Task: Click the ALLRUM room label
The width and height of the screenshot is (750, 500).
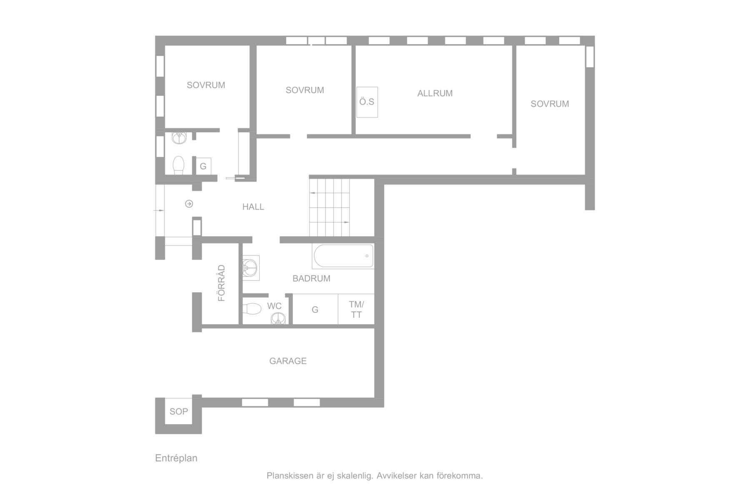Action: (x=435, y=93)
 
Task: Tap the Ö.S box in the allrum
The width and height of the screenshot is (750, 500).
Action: (x=367, y=102)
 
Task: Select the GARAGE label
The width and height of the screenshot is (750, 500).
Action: (x=288, y=361)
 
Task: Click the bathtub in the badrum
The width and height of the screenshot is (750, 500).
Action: (x=343, y=256)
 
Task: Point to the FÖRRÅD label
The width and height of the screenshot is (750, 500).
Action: (x=222, y=283)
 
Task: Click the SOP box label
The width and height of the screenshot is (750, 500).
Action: (x=179, y=412)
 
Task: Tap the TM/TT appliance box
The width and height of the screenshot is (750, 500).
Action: (x=356, y=309)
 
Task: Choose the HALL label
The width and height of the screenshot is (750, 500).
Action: (x=253, y=207)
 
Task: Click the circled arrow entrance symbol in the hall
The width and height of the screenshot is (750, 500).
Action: (x=189, y=204)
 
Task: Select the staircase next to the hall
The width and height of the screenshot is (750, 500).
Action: (x=329, y=207)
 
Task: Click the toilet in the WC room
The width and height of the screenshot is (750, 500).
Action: (x=252, y=309)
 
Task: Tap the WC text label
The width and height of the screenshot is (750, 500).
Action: (x=274, y=306)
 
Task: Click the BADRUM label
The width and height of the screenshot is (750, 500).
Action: (x=312, y=279)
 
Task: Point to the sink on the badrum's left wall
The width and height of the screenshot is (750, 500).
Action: (x=251, y=267)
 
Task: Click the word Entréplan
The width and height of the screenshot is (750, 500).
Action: (x=176, y=458)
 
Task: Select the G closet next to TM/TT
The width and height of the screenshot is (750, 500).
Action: (x=315, y=309)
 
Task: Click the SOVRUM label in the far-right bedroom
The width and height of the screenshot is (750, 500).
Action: (x=550, y=104)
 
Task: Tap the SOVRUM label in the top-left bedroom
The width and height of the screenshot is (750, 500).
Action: (x=206, y=85)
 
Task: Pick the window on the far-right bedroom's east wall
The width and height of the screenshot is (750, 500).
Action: (x=590, y=57)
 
